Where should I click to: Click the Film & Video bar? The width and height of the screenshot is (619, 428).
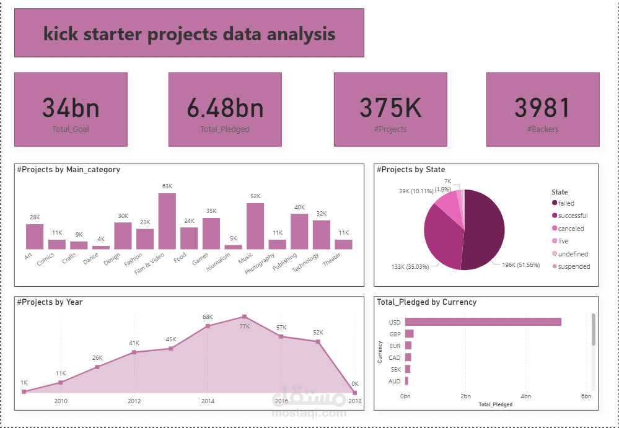click(x=167, y=221)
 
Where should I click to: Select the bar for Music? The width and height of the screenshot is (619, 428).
click(x=255, y=226)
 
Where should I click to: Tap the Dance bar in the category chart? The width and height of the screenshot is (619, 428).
click(x=100, y=247)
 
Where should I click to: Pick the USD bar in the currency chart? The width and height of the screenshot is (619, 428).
click(x=483, y=321)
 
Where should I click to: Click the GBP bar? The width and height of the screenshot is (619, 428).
click(x=409, y=334)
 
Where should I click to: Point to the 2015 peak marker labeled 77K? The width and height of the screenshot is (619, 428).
click(x=245, y=317)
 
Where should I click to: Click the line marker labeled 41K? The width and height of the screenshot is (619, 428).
click(x=134, y=352)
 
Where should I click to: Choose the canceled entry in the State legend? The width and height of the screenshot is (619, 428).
click(x=571, y=229)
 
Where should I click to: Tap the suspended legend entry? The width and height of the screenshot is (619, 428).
click(x=574, y=266)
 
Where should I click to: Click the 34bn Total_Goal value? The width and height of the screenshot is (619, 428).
click(x=71, y=108)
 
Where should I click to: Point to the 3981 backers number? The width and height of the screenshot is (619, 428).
click(x=542, y=108)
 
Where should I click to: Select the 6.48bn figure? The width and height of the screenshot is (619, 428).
click(x=225, y=108)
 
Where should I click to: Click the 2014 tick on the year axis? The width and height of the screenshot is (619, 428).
click(x=208, y=401)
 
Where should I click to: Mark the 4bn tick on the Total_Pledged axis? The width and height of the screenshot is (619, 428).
click(x=525, y=396)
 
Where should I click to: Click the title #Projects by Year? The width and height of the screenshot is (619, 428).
click(x=50, y=302)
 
